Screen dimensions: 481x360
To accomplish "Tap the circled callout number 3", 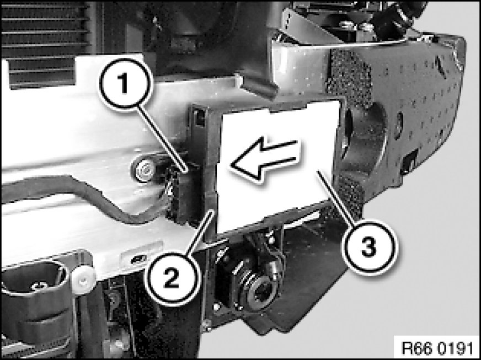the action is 368,247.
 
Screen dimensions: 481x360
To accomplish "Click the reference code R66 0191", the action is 437,348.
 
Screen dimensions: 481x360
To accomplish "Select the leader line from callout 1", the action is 162,138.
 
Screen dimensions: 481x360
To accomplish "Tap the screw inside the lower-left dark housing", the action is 39,287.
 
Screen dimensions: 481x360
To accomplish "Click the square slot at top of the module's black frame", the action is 199,117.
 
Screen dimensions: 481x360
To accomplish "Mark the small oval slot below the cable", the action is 138,260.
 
